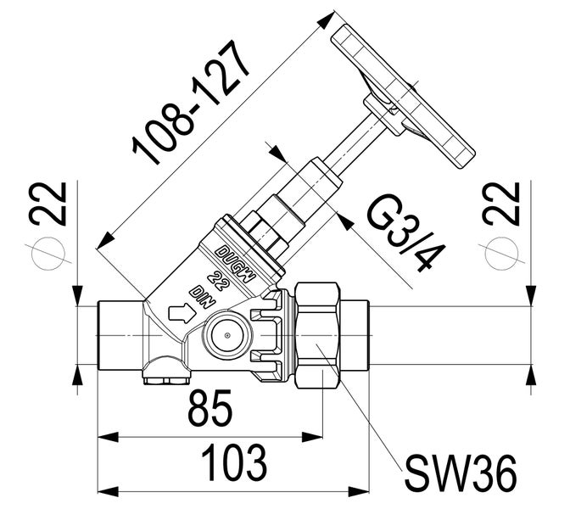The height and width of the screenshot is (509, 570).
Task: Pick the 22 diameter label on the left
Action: click(48, 203)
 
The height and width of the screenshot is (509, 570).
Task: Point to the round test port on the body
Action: click(226, 336)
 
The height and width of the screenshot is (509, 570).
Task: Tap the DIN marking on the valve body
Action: click(201, 294)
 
